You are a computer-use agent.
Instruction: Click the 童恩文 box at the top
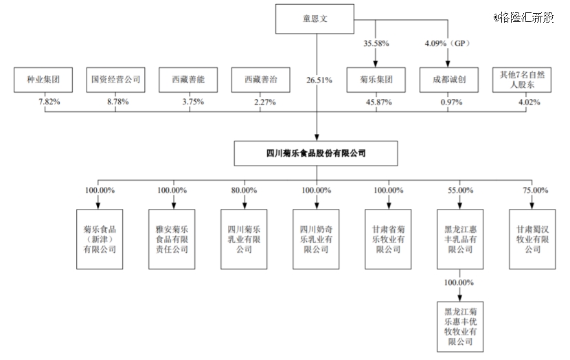tap(316, 19)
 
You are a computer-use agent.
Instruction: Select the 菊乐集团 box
tap(376, 80)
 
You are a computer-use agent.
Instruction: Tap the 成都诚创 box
tap(448, 80)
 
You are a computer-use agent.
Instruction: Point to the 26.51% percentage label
tap(319, 80)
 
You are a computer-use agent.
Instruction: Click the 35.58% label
tap(376, 43)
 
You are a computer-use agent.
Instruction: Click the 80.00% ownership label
tap(244, 190)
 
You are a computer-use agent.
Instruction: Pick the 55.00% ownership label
tap(459, 190)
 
